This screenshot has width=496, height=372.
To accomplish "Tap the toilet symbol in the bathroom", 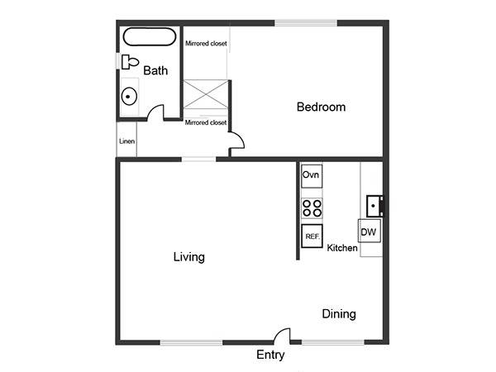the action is pos(130,62).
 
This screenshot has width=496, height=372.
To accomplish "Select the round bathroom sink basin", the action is pos(129,97).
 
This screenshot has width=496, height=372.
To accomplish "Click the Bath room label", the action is pos(155,70).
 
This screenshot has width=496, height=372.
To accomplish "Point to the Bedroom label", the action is pos(321,107).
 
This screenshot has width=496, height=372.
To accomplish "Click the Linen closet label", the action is pos(127,141).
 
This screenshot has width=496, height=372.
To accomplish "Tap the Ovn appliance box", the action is pos(312,176).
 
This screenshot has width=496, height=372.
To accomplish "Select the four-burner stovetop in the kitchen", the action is pos(312,208).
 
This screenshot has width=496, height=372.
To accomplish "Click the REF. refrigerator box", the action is pos(312,236).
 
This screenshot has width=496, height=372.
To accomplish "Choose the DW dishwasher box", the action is pos(370,231).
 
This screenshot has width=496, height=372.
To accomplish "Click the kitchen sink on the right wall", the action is pos(374,206).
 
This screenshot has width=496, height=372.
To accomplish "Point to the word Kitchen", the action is pos(342,248).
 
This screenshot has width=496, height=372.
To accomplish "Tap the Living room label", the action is pos(189,257).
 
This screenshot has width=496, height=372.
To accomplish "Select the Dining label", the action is pos(339,314).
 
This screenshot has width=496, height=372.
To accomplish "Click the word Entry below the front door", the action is pos(270,355).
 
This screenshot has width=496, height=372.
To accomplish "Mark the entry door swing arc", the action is pos(279,332).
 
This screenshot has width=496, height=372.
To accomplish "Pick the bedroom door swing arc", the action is pos(240,137).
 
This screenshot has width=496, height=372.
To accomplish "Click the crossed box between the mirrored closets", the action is pos(206,94).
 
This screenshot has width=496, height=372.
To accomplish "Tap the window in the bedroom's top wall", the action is pos(306,23).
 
